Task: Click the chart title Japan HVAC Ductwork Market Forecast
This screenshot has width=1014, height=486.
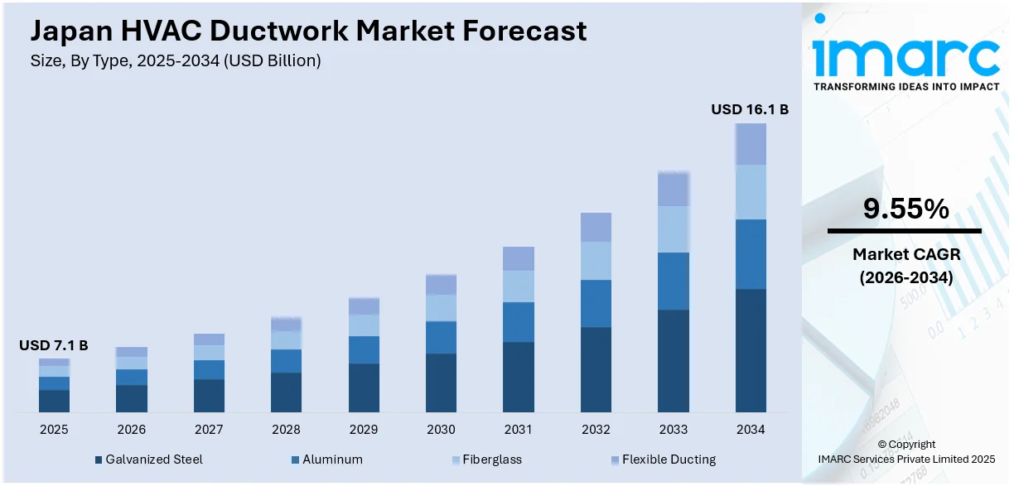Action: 308,31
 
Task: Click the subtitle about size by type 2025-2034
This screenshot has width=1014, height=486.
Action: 176,60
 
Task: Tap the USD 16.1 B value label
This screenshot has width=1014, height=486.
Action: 750,108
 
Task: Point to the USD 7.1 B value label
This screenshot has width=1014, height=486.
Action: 54,345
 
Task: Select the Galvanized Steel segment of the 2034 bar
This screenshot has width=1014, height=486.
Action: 750,350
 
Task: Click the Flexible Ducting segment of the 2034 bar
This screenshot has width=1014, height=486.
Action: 750,144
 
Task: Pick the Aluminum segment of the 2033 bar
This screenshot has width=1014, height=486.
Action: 673,281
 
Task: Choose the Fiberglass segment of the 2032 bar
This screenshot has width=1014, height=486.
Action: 596,261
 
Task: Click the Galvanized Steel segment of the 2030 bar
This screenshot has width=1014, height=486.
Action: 441,383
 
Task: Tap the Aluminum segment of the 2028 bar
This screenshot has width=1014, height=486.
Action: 286,361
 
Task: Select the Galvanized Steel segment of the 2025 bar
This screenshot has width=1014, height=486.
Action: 54,401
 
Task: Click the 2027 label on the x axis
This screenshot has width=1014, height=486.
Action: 209,430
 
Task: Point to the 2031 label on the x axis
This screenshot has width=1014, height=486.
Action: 519,430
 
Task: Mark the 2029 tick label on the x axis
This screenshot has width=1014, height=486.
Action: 364,430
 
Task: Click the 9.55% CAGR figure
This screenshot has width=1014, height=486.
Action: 905,209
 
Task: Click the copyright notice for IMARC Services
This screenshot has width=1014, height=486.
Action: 905,452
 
